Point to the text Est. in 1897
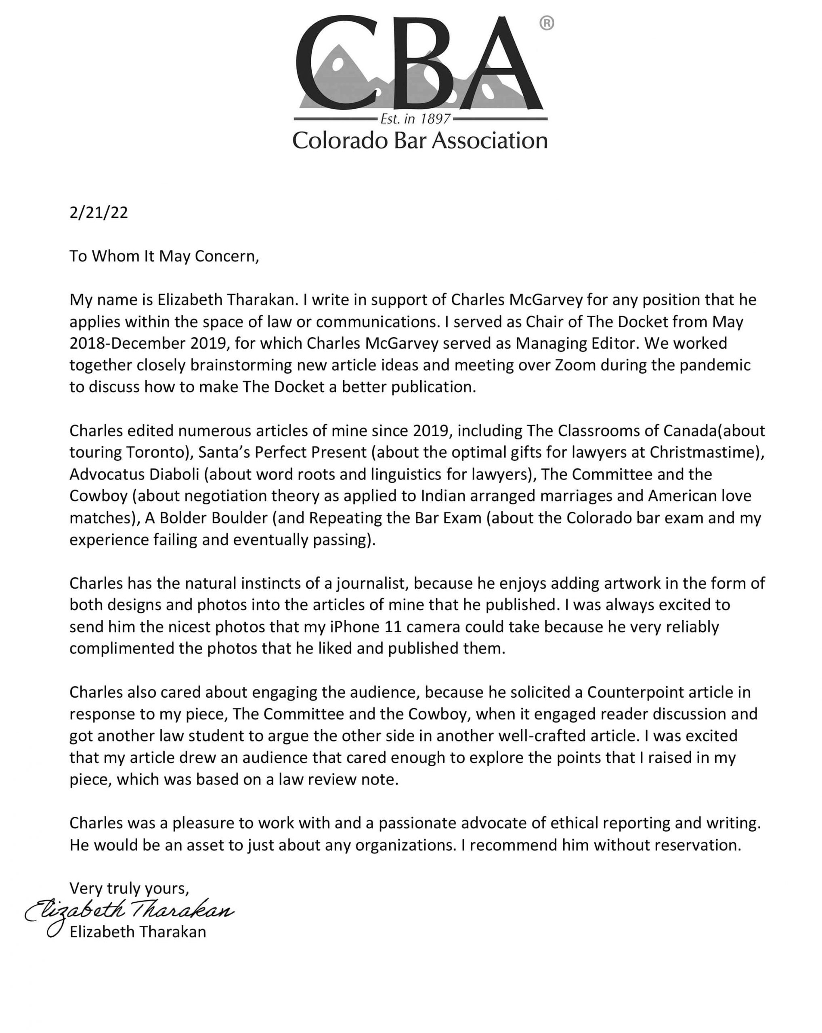pos(415,118)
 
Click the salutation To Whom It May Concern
pos(164,256)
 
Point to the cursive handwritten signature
pos(130,911)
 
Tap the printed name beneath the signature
pos(138,932)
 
